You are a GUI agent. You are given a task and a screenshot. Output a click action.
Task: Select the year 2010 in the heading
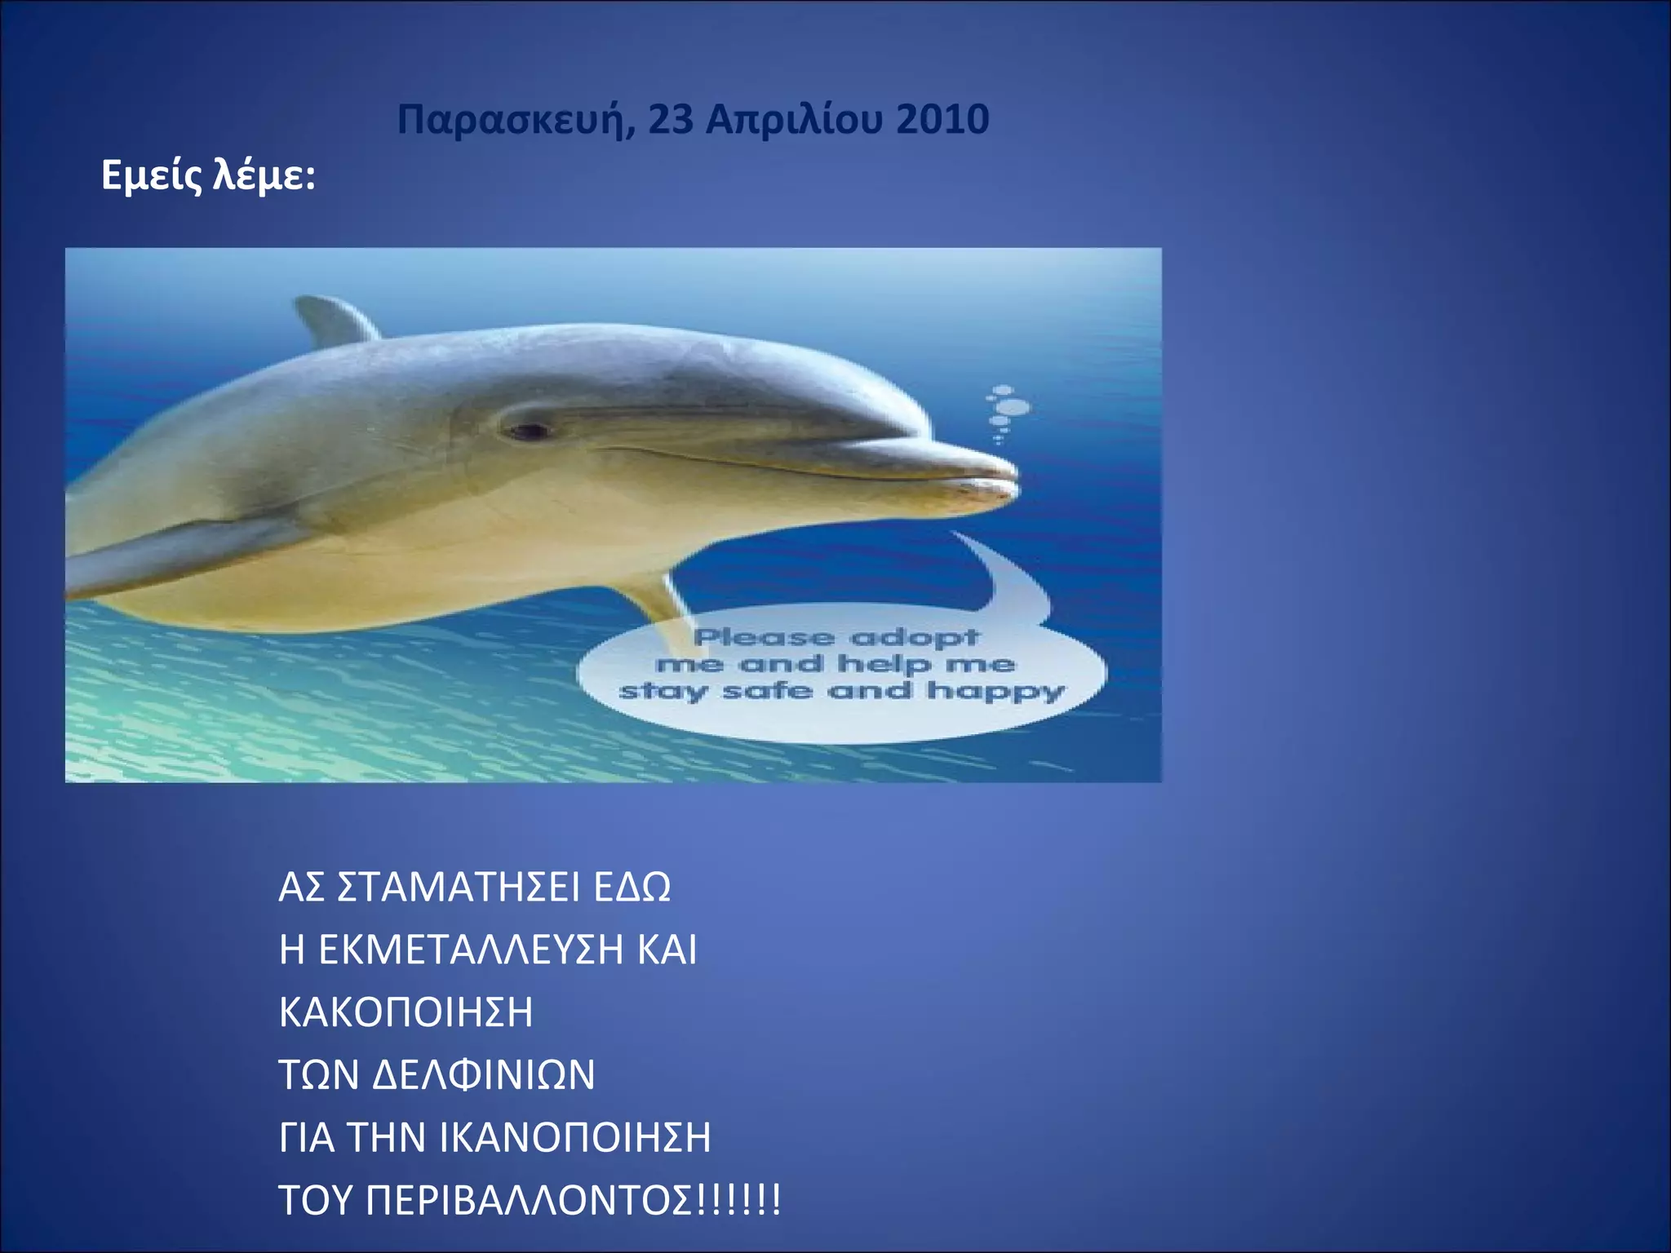(942, 120)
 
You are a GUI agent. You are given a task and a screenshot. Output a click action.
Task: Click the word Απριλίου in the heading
(795, 120)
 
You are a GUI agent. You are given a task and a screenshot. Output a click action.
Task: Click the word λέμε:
(264, 175)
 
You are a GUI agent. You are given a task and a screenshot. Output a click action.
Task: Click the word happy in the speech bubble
(995, 692)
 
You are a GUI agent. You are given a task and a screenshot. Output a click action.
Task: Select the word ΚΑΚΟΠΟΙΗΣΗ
(406, 1012)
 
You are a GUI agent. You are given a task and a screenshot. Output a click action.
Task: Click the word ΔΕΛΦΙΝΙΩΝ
(483, 1074)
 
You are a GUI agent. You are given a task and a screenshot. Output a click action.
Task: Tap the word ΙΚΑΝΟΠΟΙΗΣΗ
(575, 1137)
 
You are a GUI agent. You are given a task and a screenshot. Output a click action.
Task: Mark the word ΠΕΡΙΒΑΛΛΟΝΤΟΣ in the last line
(530, 1200)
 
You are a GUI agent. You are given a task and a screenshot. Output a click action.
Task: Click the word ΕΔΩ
(632, 887)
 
